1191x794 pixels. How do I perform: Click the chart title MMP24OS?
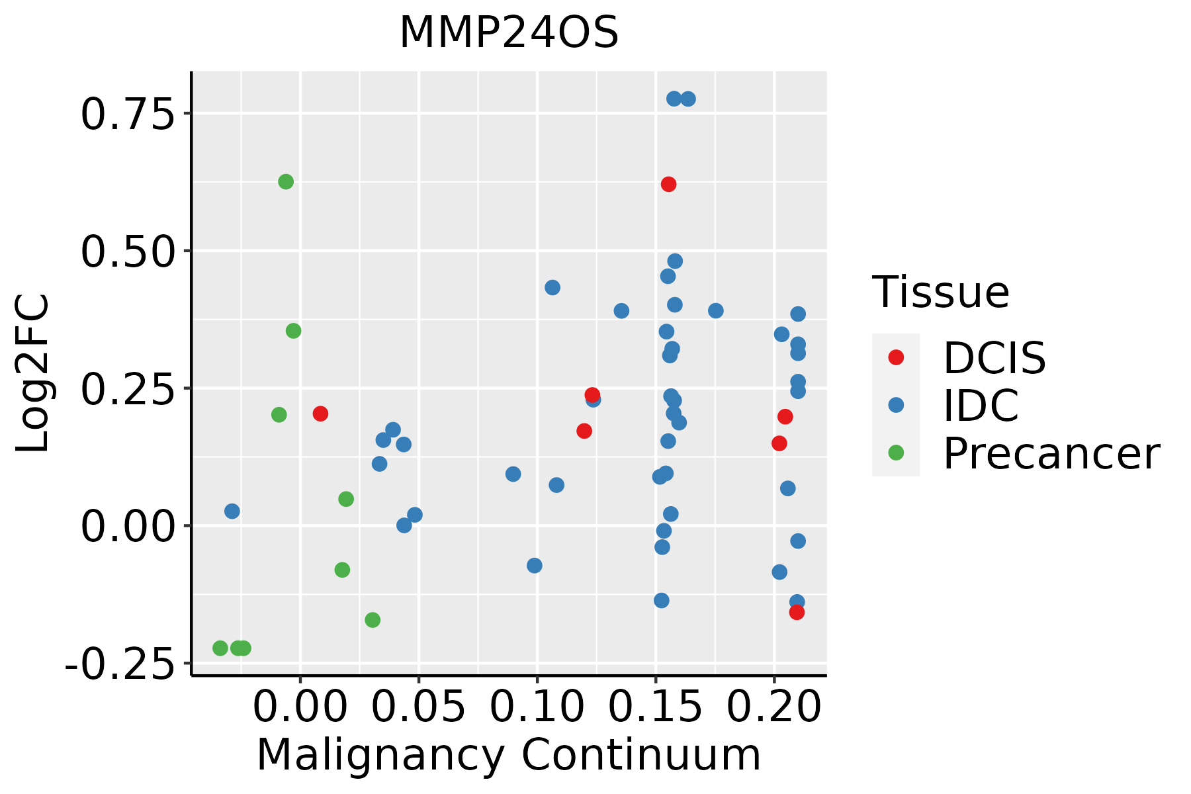tap(509, 33)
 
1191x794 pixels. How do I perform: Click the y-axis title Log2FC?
tap(33, 374)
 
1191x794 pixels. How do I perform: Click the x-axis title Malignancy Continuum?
tap(508, 755)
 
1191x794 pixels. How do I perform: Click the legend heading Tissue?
tap(940, 292)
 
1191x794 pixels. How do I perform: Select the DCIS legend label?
tap(994, 358)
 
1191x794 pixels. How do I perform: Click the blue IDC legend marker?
tap(896, 405)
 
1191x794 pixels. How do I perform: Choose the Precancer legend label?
tap(1051, 454)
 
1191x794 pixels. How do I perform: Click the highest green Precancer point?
tap(286, 182)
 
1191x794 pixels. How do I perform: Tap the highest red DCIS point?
tap(668, 184)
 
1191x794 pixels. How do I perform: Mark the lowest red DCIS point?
tap(797, 613)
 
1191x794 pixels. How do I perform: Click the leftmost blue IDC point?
tap(232, 511)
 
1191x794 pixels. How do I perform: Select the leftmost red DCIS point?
tap(320, 414)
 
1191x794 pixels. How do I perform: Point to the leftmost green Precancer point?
tap(220, 648)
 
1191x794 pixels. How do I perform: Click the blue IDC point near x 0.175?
tap(715, 310)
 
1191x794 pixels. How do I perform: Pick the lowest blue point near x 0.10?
tap(535, 566)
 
